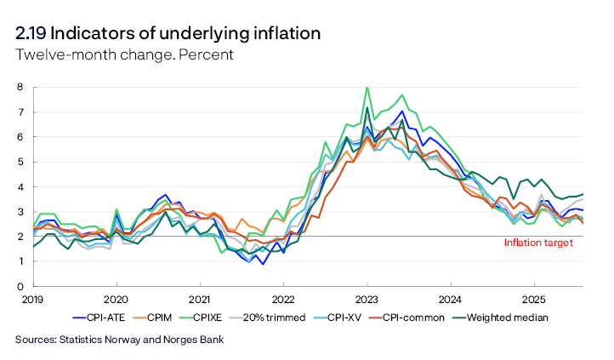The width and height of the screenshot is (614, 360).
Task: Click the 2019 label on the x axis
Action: tap(32, 300)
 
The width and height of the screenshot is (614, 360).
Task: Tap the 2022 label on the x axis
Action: tap(283, 300)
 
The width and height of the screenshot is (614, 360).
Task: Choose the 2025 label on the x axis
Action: tap(534, 300)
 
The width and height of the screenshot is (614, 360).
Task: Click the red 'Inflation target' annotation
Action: tap(538, 243)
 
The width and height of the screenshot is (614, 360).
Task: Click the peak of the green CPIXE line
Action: tap(367, 88)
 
